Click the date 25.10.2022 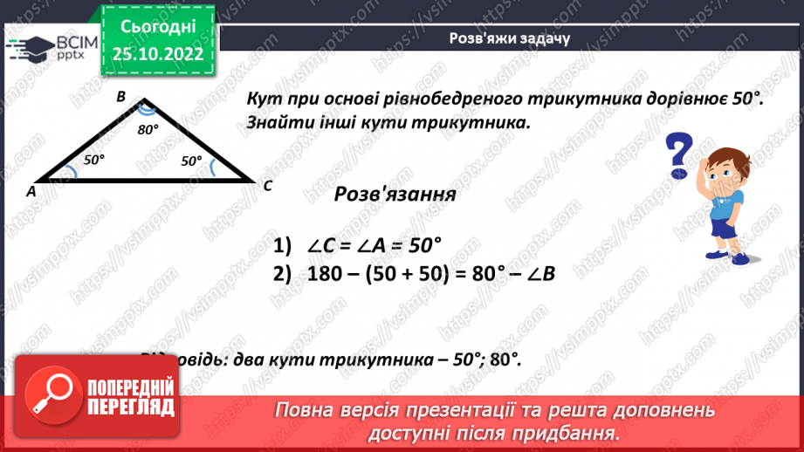[x=157, y=54]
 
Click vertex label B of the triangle [x=122, y=97]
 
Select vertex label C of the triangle [x=268, y=186]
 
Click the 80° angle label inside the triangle [x=148, y=129]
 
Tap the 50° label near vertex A [x=93, y=160]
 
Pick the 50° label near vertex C [x=191, y=161]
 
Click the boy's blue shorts [x=725, y=229]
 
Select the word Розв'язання [x=395, y=195]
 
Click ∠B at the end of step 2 [x=539, y=273]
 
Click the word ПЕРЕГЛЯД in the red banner [x=130, y=407]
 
